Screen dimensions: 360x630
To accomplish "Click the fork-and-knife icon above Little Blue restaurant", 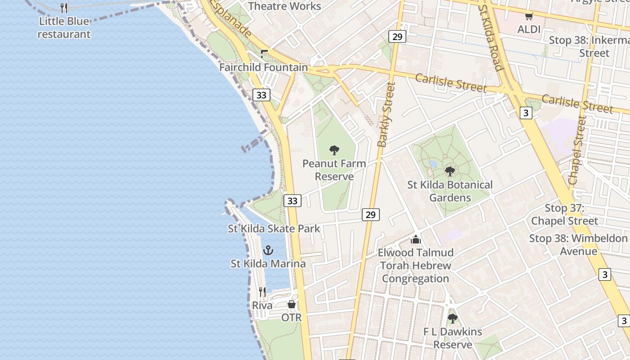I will [x=64, y=8].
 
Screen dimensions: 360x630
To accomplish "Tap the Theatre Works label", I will [x=284, y=6].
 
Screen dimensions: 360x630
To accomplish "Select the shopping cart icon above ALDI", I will [x=529, y=16].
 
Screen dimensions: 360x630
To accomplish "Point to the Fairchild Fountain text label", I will [x=264, y=67].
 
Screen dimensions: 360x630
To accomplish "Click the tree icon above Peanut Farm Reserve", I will [x=334, y=150].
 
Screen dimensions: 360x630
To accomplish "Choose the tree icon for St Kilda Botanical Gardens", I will [x=450, y=171].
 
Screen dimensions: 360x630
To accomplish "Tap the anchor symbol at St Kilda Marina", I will [x=268, y=250].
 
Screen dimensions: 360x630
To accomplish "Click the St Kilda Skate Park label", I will [x=274, y=229].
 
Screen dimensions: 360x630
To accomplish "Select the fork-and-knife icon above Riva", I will [x=262, y=292].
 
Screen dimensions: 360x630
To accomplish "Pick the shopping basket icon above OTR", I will [x=292, y=305].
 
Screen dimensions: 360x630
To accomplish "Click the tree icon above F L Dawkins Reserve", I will [x=452, y=319].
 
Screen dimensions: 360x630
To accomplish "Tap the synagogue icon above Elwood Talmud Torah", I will [x=416, y=239].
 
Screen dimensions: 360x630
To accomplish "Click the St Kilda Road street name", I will [x=490, y=38].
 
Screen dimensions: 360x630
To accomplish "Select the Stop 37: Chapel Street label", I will [x=564, y=215].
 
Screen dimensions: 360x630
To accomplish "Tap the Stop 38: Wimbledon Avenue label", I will [x=578, y=245].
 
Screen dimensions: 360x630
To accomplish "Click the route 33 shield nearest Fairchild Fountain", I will [x=261, y=95].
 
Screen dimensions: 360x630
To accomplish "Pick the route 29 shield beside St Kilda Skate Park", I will [x=370, y=215].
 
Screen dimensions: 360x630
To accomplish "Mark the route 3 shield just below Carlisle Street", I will [x=526, y=112].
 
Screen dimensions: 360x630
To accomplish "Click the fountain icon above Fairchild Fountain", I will [x=264, y=54].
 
